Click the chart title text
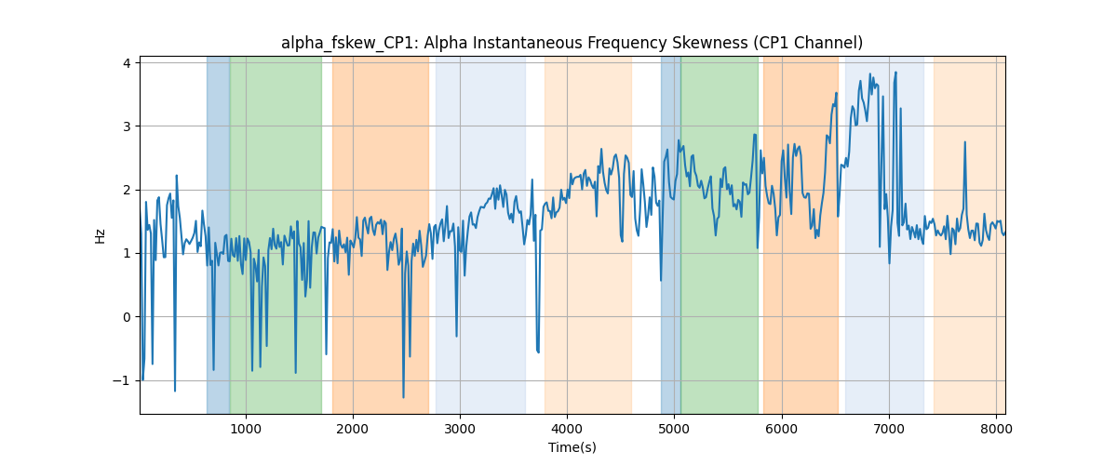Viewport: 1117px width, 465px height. pyautogui.click(x=572, y=43)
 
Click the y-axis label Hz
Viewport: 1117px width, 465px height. pyautogui.click(x=100, y=235)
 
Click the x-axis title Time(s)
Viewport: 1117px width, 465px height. pyautogui.click(x=572, y=447)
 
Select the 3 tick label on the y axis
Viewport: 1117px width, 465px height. pyautogui.click(x=128, y=126)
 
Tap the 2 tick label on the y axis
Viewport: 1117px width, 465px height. pyautogui.click(x=128, y=190)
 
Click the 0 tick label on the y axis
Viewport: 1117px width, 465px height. pyautogui.click(x=128, y=317)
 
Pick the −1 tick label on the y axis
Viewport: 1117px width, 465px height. pyautogui.click(x=122, y=380)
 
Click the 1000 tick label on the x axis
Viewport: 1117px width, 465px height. pyautogui.click(x=246, y=429)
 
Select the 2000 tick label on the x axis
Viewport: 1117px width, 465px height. pyautogui.click(x=353, y=429)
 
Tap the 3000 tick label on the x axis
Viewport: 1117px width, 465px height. pyautogui.click(x=460, y=429)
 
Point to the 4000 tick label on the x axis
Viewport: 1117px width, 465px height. pyautogui.click(x=568, y=429)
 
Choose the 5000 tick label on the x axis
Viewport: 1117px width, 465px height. pyautogui.click(x=675, y=429)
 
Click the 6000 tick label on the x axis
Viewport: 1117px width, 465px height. pyautogui.click(x=782, y=429)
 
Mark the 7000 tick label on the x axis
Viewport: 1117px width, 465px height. pyautogui.click(x=889, y=429)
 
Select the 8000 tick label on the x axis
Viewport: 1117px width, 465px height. pyautogui.click(x=996, y=429)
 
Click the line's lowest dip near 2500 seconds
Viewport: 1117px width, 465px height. pyautogui.click(x=403, y=397)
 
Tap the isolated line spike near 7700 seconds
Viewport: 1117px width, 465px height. pyautogui.click(x=965, y=142)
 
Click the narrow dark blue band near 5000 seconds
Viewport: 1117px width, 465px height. pyautogui.click(x=671, y=234)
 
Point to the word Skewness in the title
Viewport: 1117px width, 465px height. pyautogui.click(x=707, y=43)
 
